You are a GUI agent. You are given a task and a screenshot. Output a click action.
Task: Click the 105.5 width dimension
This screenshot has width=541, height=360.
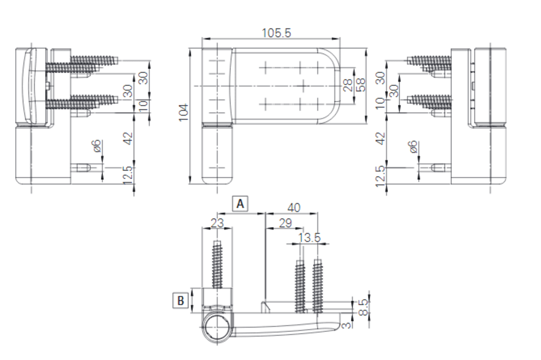[276, 33]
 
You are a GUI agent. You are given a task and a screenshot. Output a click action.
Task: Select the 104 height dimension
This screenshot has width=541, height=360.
[184, 112]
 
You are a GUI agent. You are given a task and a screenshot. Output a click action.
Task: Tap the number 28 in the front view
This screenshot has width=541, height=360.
[348, 85]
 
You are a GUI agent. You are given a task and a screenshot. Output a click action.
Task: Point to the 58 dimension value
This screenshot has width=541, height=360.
[361, 85]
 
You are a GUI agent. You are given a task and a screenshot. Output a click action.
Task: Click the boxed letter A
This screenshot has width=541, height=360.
[240, 204]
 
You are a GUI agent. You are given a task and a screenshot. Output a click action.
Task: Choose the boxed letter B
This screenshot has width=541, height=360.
[180, 301]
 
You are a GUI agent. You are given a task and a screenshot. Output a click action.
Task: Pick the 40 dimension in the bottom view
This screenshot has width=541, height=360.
[294, 207]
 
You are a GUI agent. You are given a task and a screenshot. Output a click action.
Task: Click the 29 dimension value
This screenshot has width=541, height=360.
[285, 223]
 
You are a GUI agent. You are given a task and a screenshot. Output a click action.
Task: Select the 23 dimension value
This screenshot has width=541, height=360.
[217, 223]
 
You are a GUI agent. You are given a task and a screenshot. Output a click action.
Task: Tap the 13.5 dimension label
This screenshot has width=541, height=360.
[309, 238]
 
